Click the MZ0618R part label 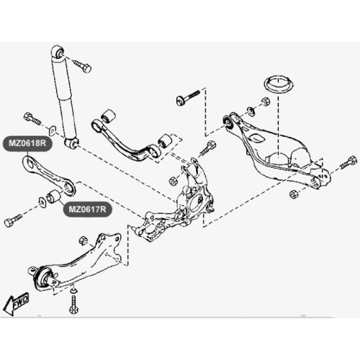pos(27,143)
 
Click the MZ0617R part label pos(87,210)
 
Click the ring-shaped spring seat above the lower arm pos(279,84)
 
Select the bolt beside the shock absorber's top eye pos(82,66)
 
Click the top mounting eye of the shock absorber pos(58,52)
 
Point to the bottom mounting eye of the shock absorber pos(72,143)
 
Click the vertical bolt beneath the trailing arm pos(73,301)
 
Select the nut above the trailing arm pos(82,240)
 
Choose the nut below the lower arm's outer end pos(293,194)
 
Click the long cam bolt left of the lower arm pos(188,97)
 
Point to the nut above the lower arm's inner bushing pos(265,102)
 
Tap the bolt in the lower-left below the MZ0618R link pos(13,220)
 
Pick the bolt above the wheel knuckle pos(208,148)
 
